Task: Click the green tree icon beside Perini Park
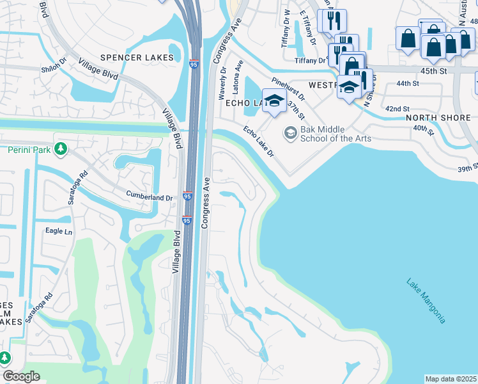[x=61, y=149]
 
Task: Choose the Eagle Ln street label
[x=58, y=231]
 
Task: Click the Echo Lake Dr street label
[x=258, y=141]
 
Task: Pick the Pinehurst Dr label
[x=288, y=89]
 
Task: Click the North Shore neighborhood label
[x=441, y=118]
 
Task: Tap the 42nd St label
[x=397, y=109]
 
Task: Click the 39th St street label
[x=468, y=167]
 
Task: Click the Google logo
[x=21, y=376]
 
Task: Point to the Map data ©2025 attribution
[x=451, y=379]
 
